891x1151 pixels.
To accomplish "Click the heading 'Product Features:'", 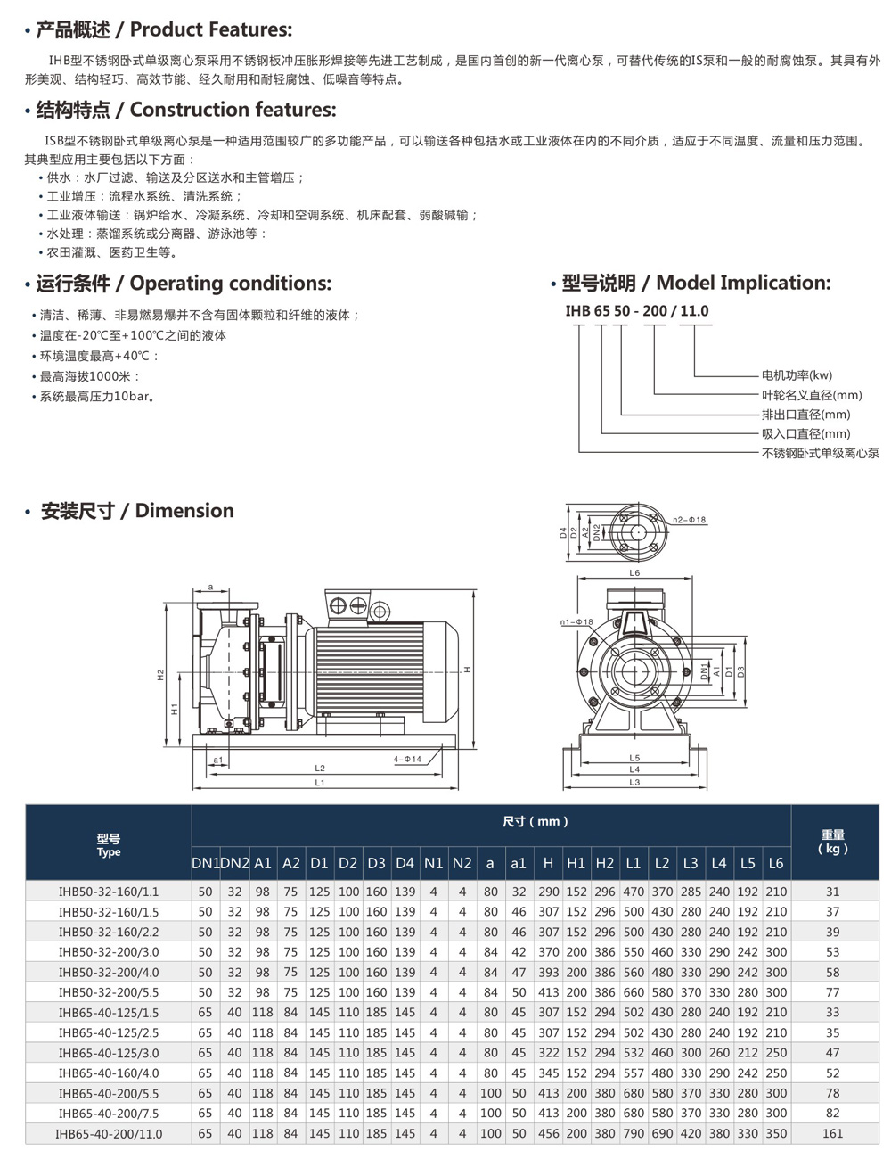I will (x=210, y=29).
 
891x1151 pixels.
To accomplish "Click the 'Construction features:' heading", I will (x=233, y=111).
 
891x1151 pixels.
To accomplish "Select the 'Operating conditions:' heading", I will (x=230, y=284).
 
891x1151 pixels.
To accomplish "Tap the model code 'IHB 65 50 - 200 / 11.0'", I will (x=637, y=311).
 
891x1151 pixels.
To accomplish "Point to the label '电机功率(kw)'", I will (x=797, y=375).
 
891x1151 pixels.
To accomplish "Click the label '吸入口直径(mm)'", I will (x=805, y=433).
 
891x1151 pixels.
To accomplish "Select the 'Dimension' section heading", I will (x=184, y=511).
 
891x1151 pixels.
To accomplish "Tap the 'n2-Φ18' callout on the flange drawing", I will (x=689, y=519).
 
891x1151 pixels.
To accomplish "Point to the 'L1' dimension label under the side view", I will (x=320, y=782).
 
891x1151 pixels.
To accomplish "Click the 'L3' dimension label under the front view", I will (x=634, y=782).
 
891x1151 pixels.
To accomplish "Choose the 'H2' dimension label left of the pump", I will (x=161, y=675).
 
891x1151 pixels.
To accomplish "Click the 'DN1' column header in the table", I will (x=206, y=863).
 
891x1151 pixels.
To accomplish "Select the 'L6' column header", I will (x=776, y=863).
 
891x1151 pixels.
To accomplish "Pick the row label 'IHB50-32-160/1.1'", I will (x=108, y=892).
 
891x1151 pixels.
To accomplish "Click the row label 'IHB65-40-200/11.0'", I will (x=108, y=1134).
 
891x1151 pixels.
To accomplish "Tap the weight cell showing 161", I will (x=833, y=1134).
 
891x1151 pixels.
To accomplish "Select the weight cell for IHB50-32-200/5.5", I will (x=833, y=992).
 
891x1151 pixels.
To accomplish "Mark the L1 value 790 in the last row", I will (x=634, y=1134).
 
